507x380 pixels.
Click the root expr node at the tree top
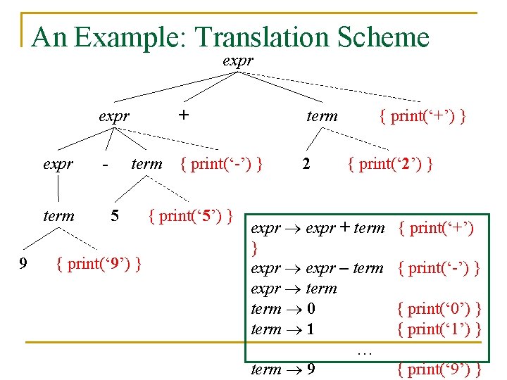pos(237,61)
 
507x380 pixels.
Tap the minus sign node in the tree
pos(105,165)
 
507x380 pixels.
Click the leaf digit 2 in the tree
pos(306,165)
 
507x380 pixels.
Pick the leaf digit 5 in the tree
pos(114,215)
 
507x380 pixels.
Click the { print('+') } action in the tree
pos(422,116)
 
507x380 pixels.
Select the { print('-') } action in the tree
pos(222,165)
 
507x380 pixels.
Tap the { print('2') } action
pos(390,165)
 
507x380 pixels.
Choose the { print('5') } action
pos(191,215)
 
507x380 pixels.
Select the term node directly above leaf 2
pos(322,116)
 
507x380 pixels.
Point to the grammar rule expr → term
pos(294,289)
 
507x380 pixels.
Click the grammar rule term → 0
pos(283,309)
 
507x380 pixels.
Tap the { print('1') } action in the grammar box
pos(439,329)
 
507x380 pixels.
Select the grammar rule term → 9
pos(283,369)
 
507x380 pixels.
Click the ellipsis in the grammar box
pos(364,350)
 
